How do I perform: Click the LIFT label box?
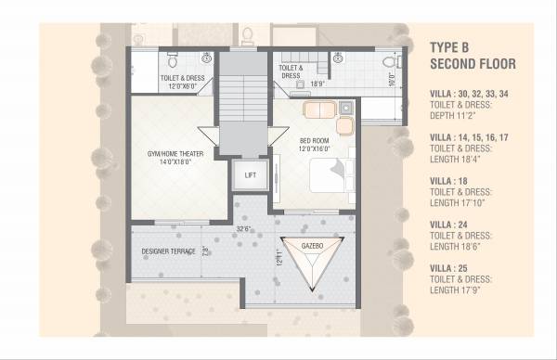click(x=250, y=174)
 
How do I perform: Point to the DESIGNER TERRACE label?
click(x=169, y=251)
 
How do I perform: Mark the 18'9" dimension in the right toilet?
click(x=318, y=83)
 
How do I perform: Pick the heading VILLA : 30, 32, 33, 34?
click(x=469, y=94)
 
